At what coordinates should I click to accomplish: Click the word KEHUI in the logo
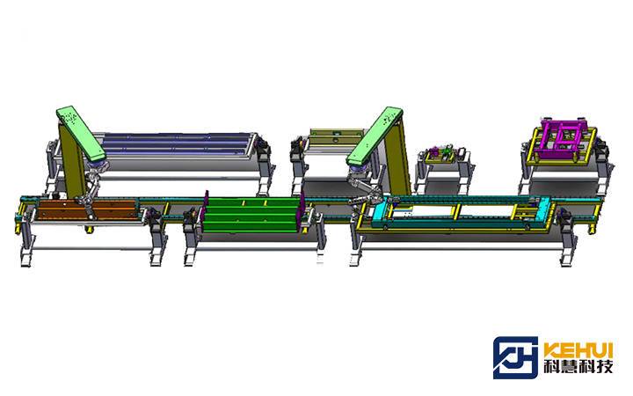(578, 349)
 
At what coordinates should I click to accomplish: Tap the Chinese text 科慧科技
(578, 366)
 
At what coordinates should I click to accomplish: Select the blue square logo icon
(515, 357)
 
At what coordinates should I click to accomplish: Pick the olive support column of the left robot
(72, 162)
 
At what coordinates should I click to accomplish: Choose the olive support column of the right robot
(397, 158)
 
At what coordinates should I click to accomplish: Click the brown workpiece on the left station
(87, 209)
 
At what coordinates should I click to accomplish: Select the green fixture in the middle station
(252, 215)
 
